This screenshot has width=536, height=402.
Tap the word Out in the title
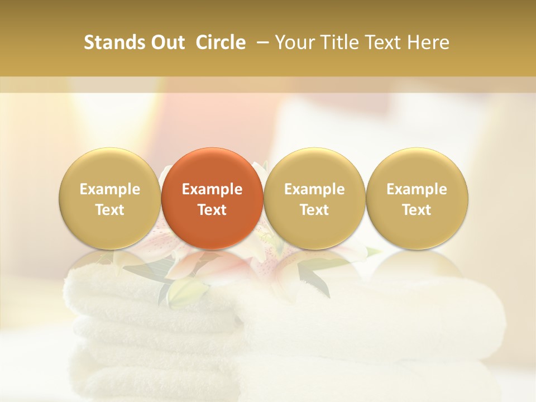click(166, 42)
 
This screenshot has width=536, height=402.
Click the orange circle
click(212, 198)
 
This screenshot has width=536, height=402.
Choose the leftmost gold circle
click(110, 198)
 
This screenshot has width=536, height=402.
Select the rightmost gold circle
click(417, 198)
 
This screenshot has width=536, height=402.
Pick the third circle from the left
click(314, 198)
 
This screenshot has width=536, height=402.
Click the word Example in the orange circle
click(212, 189)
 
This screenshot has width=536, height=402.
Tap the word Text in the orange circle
click(212, 210)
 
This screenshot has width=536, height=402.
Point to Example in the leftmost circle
click(110, 189)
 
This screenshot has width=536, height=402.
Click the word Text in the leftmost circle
click(110, 210)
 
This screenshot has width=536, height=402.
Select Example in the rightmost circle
click(417, 189)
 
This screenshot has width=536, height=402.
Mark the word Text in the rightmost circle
click(417, 210)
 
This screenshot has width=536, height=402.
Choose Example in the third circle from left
click(314, 189)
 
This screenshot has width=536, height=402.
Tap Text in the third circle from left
click(314, 210)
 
